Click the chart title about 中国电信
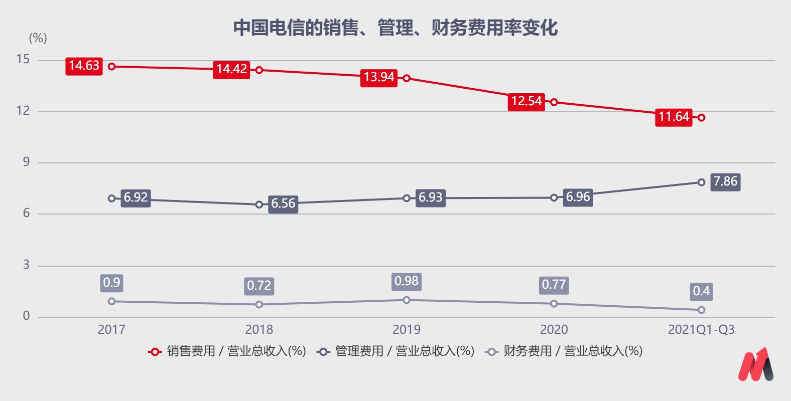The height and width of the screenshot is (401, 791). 396,28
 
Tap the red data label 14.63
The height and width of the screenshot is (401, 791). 84,66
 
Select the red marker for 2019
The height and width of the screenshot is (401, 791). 407,78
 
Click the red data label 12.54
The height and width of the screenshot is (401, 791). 526,101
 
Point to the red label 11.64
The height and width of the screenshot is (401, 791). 674,117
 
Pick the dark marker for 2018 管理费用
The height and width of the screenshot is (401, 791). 259,205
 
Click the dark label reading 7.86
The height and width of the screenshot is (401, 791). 725,181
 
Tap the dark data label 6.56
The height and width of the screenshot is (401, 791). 283,204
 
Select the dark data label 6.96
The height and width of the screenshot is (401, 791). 578,197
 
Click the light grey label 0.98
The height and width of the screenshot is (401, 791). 407,281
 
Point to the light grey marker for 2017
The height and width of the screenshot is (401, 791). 112,301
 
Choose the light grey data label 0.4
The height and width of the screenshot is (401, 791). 701,291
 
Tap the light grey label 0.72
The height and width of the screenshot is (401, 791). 259,286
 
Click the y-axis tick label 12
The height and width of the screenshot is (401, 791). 23,111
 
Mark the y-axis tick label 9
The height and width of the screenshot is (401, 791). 26,162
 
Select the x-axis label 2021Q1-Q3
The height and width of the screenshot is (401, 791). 701,329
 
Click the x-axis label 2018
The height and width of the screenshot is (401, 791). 259,329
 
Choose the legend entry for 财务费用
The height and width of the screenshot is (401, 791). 564,351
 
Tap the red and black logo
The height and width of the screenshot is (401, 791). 755,364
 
